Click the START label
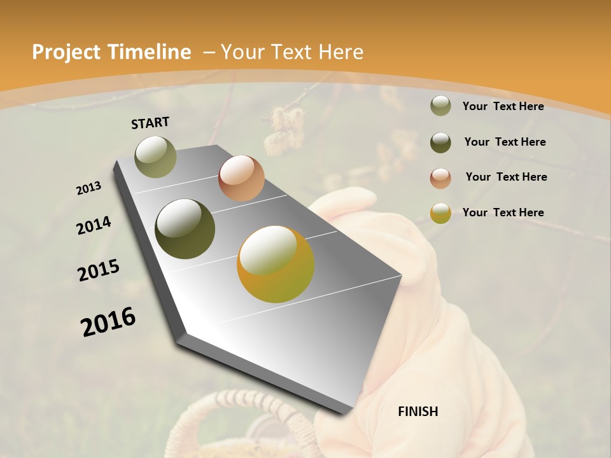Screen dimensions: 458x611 tap(150, 123)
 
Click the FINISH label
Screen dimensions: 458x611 tap(418, 412)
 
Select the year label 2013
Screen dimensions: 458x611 tap(89, 188)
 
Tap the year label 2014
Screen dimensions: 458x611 tap(94, 226)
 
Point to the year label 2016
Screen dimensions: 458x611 tap(108, 321)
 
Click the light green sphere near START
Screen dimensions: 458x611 tap(156, 156)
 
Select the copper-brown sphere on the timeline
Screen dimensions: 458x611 tap(241, 178)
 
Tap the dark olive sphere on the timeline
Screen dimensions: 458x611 tap(185, 229)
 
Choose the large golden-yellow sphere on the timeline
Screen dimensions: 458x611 tap(276, 264)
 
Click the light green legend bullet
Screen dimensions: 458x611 tap(440, 106)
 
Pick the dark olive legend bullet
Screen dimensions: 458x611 tap(440, 142)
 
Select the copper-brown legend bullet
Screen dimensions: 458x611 tap(440, 178)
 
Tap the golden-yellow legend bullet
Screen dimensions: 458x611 tap(440, 213)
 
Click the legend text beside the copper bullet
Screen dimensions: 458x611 tap(506, 177)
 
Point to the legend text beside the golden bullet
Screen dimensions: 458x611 tap(503, 212)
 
